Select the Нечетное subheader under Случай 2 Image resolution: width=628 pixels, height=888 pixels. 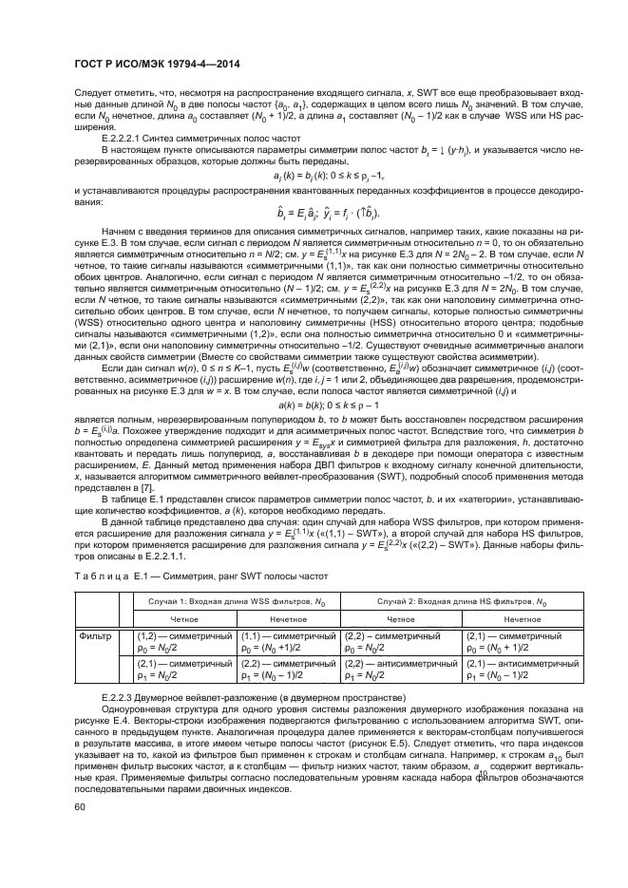click(x=517, y=618)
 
